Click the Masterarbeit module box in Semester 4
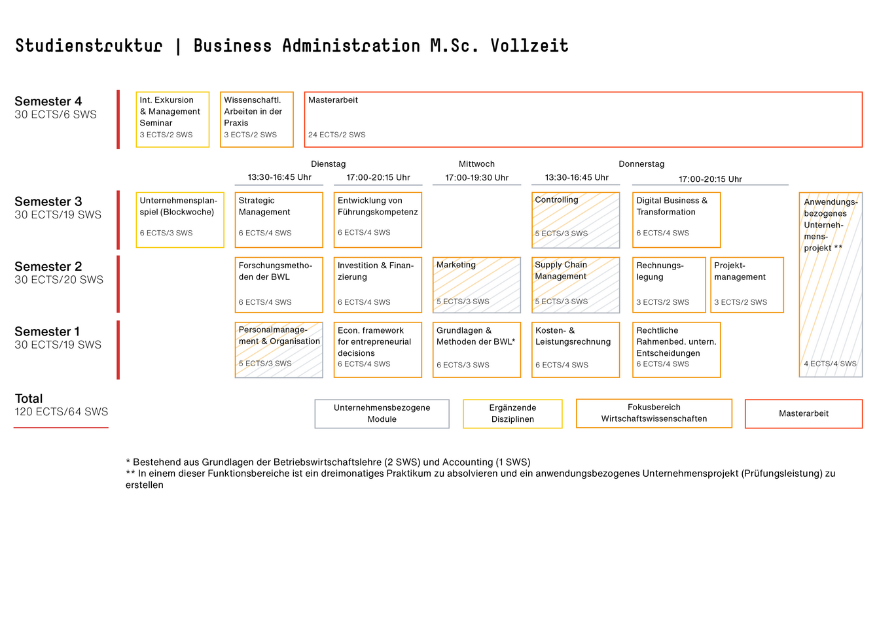[583, 120]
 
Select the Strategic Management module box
[279, 220]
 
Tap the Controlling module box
[575, 220]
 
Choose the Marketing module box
[476, 284]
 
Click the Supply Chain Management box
[575, 284]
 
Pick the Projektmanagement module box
[747, 284]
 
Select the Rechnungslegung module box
[669, 284]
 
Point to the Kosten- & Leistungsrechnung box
[575, 350]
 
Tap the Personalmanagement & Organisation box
[279, 350]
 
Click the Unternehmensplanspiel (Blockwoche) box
[180, 220]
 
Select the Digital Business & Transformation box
[676, 220]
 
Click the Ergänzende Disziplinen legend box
[512, 413]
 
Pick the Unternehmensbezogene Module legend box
[382, 413]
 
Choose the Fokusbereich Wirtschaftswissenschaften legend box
[654, 413]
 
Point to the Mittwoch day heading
[476, 164]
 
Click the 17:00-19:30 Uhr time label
[476, 178]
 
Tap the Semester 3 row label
[48, 201]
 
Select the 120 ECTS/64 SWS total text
[61, 411]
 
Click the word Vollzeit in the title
[529, 45]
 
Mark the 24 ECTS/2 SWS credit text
[336, 135]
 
